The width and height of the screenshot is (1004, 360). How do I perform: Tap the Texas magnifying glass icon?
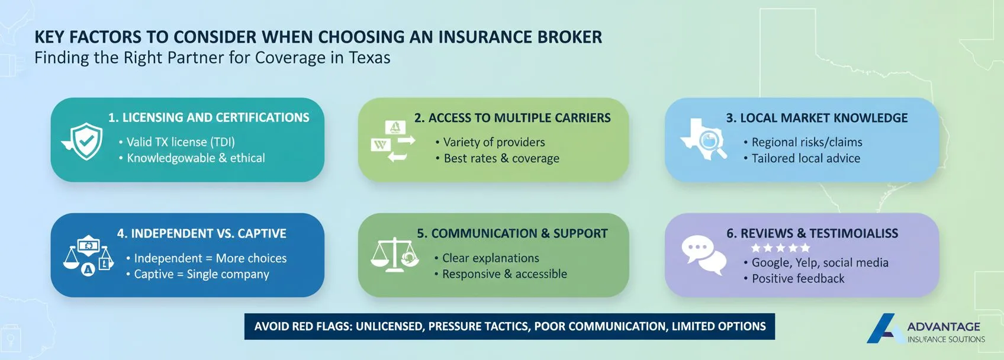(704, 140)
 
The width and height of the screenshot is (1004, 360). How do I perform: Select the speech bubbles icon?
(703, 255)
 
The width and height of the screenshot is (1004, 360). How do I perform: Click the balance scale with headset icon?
(394, 255)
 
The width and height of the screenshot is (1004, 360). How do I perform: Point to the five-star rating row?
(780, 248)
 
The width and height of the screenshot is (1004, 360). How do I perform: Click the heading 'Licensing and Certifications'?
(208, 118)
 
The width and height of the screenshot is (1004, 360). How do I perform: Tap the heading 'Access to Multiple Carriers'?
(512, 118)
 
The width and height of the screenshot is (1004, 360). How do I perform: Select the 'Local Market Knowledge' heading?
(816, 118)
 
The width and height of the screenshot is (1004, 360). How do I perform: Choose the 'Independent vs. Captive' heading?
(201, 233)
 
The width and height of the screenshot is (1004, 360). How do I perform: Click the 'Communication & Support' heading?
(512, 233)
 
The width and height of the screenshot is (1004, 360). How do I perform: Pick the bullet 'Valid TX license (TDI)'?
(180, 142)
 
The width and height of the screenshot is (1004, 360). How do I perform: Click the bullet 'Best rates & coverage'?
(501, 158)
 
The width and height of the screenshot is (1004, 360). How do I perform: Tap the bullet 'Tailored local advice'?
(805, 158)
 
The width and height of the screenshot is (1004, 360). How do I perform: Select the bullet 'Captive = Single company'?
(201, 274)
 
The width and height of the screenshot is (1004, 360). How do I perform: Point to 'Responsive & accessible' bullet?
(504, 274)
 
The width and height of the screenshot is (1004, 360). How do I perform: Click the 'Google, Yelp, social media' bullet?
(819, 262)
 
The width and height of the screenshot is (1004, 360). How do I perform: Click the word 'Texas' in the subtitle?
(369, 58)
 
